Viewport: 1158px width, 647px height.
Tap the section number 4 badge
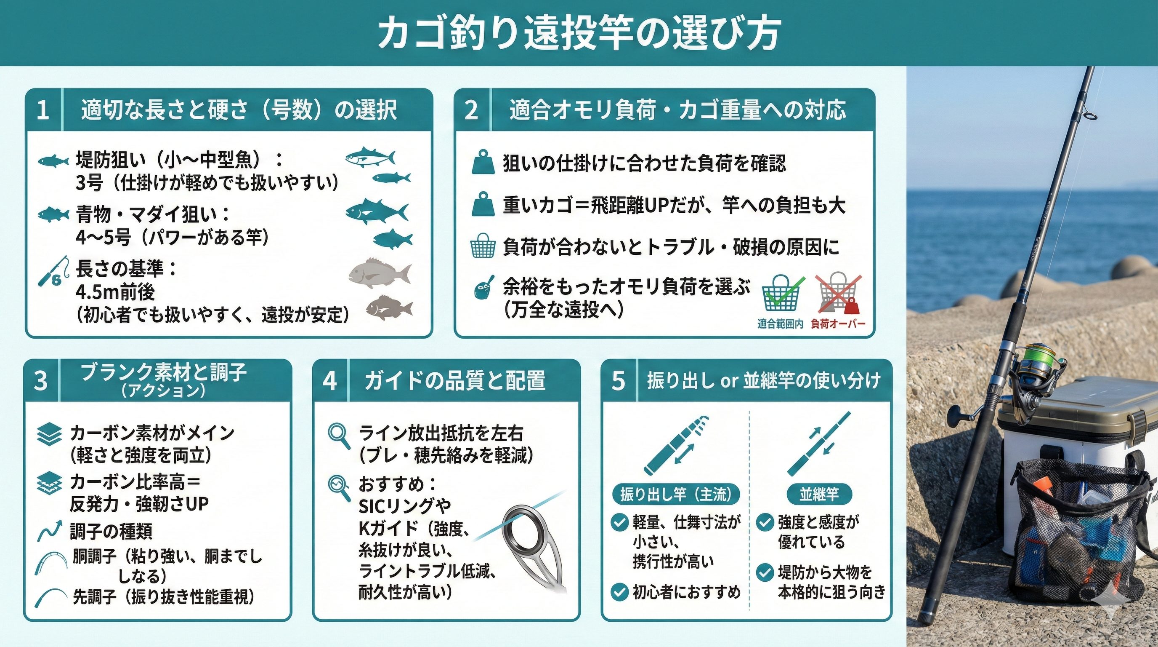pyautogui.click(x=330, y=380)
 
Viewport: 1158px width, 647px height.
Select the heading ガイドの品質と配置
pyautogui.click(x=455, y=381)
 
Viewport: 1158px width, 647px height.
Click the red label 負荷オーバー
pyautogui.click(x=838, y=324)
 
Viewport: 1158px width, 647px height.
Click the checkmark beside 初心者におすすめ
pyautogui.click(x=619, y=592)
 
